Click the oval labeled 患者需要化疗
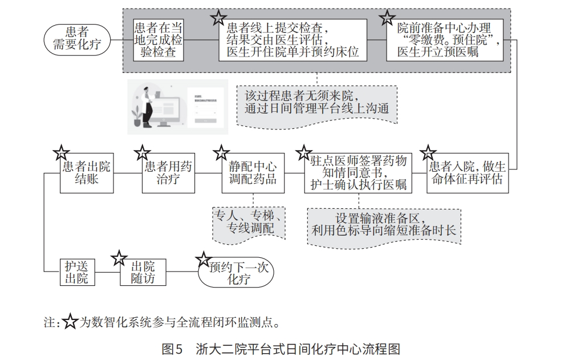point(77,38)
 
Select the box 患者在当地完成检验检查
point(158,39)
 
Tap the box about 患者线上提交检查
point(292,39)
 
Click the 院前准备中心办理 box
point(444,39)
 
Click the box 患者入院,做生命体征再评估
point(467,172)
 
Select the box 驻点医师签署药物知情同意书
point(359,172)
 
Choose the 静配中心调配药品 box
point(253,172)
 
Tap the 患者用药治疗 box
point(168,172)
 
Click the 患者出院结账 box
point(87,172)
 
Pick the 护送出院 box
point(76,272)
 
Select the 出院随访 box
point(143,272)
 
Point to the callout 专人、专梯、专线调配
point(249,222)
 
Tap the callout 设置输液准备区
point(384,224)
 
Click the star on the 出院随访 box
point(119,258)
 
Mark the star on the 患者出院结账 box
point(61,152)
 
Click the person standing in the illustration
point(147,106)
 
